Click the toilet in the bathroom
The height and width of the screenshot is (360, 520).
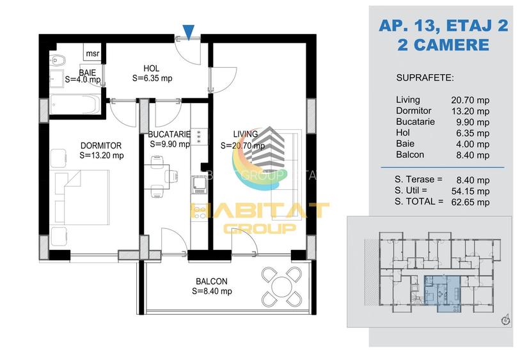pos(58,62)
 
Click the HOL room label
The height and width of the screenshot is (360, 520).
pos(152,68)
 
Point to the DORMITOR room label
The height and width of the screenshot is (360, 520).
pos(101,146)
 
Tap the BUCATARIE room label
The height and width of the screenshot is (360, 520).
pos(169,135)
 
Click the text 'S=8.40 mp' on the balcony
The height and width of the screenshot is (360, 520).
pos(212,291)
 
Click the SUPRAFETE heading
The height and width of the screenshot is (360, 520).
pos(425,78)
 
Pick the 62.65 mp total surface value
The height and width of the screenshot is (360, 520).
pos(474,202)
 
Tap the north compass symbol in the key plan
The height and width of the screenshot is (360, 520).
pos(505,318)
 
